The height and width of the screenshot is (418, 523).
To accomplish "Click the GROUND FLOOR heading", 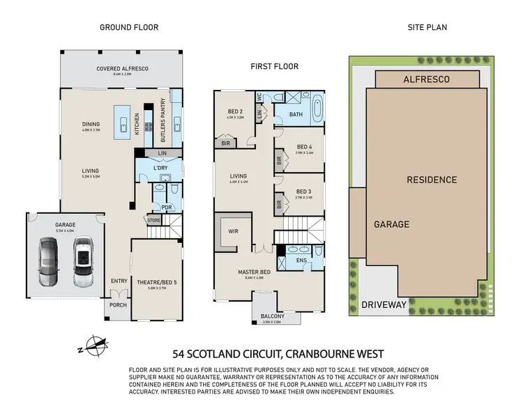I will coord(129,28).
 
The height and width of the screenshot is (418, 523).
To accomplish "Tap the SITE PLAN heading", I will coord(427,28).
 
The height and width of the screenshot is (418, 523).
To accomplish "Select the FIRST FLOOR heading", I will coord(275,67).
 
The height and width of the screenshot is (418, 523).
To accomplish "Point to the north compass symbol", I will coord(94,343).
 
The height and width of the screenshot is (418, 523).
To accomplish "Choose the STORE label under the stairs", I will coord(153,221).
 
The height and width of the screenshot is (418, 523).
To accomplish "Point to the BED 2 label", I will coord(235,111).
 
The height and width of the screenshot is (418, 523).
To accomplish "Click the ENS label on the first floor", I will coord(302,261).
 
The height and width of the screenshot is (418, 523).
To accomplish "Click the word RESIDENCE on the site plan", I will coord(432,180).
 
